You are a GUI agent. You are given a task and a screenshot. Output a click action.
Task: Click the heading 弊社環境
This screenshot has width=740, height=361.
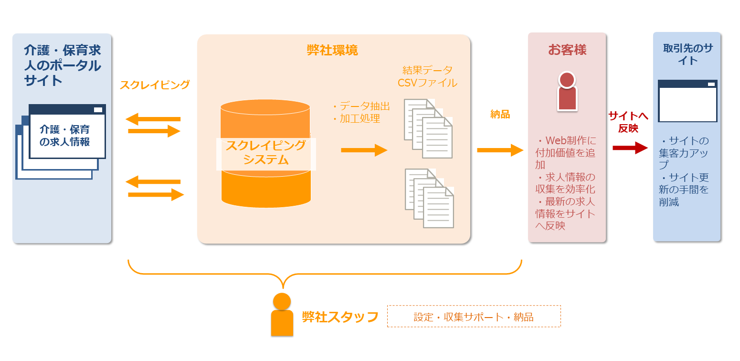(332, 50)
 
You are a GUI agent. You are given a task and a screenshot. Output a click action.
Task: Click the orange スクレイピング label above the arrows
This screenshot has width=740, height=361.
(155, 85)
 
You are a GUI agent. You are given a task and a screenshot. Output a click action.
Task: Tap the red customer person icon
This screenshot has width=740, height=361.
(567, 92)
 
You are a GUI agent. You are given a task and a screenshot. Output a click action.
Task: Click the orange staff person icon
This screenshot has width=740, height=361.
(282, 315)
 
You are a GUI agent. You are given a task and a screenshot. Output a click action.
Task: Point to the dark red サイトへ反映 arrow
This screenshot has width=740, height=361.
(630, 148)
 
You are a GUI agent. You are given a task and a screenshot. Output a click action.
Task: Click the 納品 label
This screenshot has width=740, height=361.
(500, 114)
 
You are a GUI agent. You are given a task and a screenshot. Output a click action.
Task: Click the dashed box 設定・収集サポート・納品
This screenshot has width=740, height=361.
(474, 317)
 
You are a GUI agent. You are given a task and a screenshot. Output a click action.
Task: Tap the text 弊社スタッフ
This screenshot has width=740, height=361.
(340, 317)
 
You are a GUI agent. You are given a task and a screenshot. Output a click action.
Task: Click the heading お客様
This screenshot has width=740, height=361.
(567, 50)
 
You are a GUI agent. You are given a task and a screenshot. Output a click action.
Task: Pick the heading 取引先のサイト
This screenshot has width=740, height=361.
(687, 54)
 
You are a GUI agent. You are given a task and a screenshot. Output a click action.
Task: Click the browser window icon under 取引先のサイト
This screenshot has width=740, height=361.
(687, 101)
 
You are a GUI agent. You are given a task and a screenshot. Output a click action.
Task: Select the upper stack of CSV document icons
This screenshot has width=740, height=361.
(428, 128)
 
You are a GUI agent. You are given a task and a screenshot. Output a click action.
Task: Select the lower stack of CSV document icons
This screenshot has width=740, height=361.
(429, 198)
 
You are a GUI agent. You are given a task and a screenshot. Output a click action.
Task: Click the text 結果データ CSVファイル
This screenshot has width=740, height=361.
(427, 76)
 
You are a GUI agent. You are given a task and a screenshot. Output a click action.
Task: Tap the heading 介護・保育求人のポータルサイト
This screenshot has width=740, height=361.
(63, 65)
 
